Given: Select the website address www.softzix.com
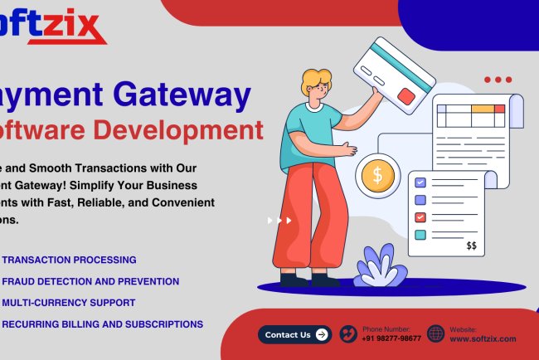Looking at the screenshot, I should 483,339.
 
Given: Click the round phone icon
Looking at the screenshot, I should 348,334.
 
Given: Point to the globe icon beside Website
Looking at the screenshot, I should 436,334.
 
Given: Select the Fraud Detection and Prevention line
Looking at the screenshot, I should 90,281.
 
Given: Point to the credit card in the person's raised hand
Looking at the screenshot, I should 394,75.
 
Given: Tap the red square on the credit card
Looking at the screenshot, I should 406,96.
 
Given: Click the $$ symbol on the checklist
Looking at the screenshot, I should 471,246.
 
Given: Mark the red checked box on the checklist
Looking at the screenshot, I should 420,217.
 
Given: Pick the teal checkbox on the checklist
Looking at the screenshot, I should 420,235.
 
